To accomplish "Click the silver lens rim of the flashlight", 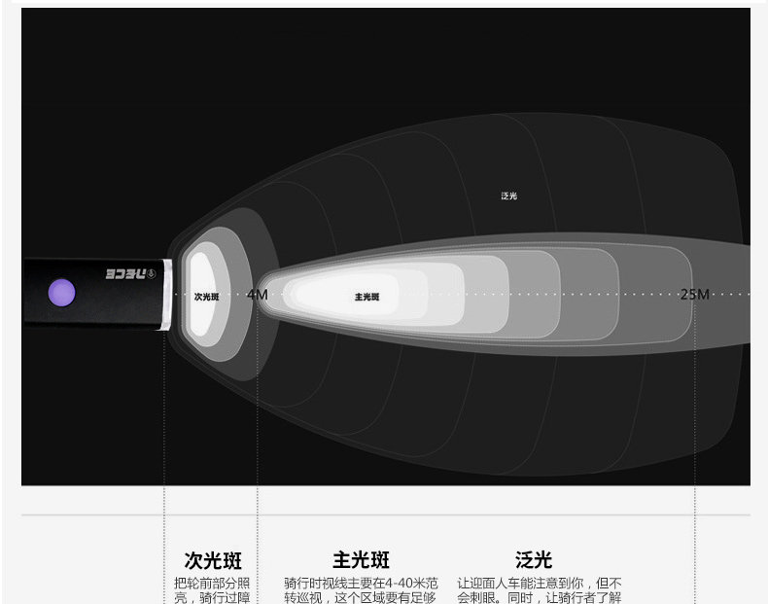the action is (x=169, y=294).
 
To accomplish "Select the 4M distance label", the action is (x=257, y=294).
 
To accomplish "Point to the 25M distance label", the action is (x=694, y=294).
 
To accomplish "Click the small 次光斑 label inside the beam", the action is (x=206, y=296).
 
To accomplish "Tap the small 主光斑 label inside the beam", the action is (x=367, y=297).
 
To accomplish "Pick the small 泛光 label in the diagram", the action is (x=509, y=195).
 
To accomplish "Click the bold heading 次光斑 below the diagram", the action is (x=213, y=560).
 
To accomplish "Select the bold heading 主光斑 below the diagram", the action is (x=361, y=560).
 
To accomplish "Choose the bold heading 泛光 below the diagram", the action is (x=534, y=560).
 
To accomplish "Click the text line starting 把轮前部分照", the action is (x=212, y=584).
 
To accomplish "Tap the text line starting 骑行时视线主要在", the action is (x=361, y=584).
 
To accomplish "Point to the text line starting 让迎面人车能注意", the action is (x=540, y=584).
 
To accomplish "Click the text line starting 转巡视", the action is (x=361, y=598).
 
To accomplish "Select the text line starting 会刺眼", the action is (x=540, y=598).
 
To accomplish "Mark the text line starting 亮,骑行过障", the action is (x=212, y=598).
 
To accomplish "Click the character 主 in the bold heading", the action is (x=342, y=560).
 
